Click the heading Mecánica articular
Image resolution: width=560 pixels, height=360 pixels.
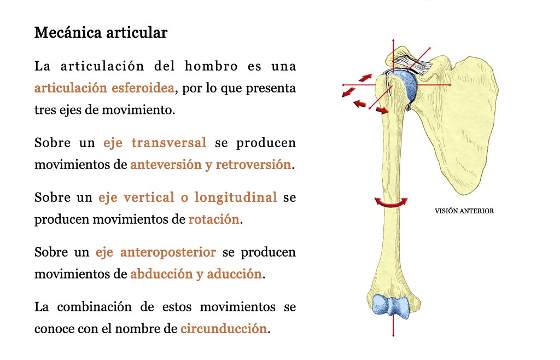[101, 32]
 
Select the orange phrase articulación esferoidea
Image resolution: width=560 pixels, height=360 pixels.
[104, 88]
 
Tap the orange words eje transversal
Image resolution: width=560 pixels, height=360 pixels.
[155, 143]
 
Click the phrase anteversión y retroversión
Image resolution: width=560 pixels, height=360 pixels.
[211, 165]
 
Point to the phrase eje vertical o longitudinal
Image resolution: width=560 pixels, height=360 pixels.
[188, 198]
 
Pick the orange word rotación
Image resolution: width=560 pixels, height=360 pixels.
[214, 219]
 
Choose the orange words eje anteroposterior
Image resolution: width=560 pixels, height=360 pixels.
[156, 252]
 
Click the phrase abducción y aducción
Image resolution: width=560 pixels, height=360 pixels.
[196, 274]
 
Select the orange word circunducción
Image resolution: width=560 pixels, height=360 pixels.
[224, 329]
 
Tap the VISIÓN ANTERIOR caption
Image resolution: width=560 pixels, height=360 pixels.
[464, 211]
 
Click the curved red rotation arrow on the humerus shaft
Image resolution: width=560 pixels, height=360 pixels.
[391, 203]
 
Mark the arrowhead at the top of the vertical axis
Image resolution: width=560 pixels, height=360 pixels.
[393, 40]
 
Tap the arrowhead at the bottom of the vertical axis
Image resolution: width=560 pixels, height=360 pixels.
[393, 335]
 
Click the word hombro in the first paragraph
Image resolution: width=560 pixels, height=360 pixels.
[211, 66]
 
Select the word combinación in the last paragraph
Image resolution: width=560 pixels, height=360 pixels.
[94, 307]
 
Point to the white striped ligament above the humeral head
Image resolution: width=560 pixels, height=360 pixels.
[411, 65]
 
